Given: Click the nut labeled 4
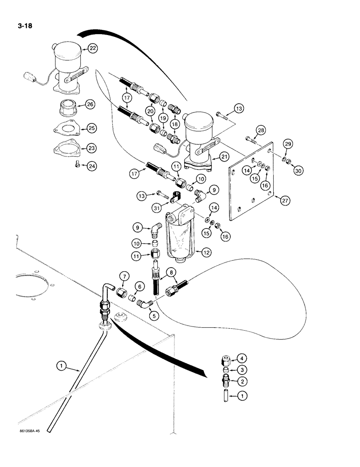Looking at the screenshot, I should click(226, 361).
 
